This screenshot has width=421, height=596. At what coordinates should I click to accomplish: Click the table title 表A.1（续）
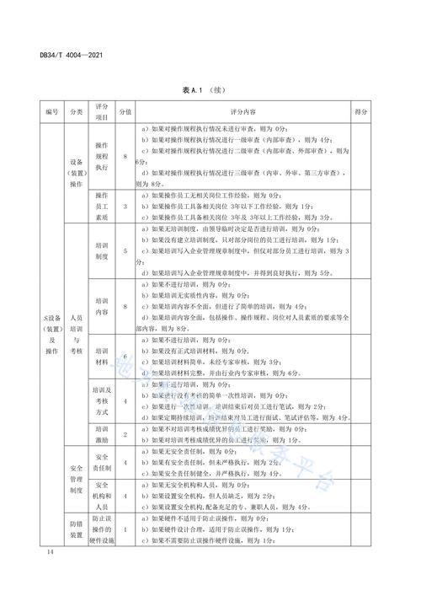(210, 90)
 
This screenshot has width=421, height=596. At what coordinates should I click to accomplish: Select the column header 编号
(30, 111)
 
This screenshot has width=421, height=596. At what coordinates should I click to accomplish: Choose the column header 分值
(125, 111)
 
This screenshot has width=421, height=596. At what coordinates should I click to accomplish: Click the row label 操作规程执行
(102, 156)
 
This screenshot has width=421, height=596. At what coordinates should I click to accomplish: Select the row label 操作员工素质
(102, 205)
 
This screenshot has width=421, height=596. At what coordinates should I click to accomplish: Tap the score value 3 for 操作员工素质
(125, 205)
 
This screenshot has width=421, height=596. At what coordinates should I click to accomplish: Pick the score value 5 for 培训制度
(125, 250)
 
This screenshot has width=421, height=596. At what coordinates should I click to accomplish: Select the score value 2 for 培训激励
(125, 434)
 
